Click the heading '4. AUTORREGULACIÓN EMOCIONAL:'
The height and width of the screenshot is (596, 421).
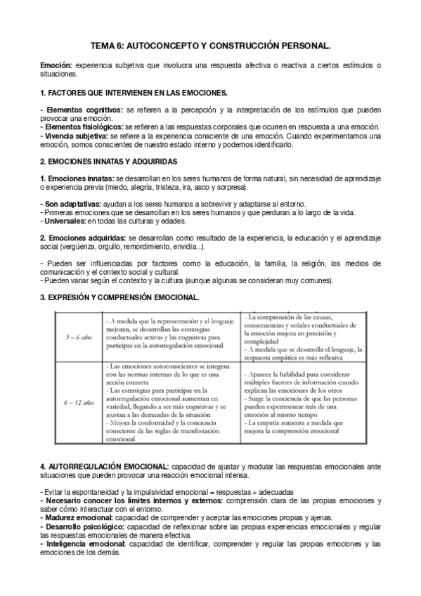[x=104, y=466]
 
